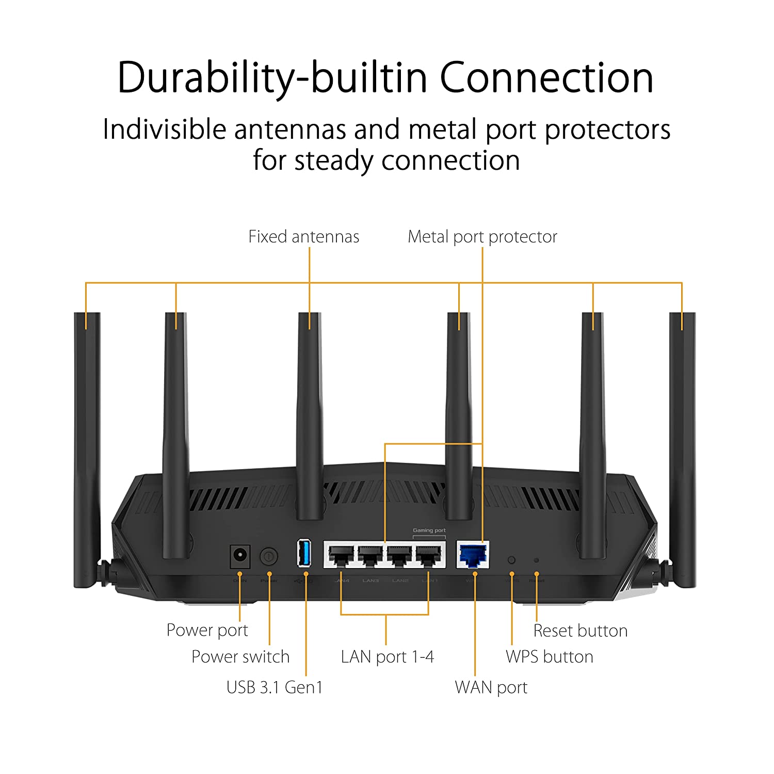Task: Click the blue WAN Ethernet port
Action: point(473,555)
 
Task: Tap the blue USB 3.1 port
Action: point(304,553)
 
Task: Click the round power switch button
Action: point(268,556)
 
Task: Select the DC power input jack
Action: point(239,556)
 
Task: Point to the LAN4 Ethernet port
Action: point(341,555)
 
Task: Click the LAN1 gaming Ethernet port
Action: point(429,555)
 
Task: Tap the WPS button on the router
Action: point(511,560)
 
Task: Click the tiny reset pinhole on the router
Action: point(536,560)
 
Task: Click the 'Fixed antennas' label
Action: point(303,237)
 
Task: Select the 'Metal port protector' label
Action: point(482,237)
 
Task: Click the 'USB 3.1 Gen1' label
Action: point(274,687)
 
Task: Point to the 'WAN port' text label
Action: point(491,687)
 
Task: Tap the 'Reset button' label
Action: point(580,631)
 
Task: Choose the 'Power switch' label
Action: point(240,656)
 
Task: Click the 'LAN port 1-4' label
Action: point(387,657)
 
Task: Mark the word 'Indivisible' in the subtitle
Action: point(164,129)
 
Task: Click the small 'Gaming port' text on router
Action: point(429,530)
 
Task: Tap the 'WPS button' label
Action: point(549,656)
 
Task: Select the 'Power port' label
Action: point(207,630)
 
